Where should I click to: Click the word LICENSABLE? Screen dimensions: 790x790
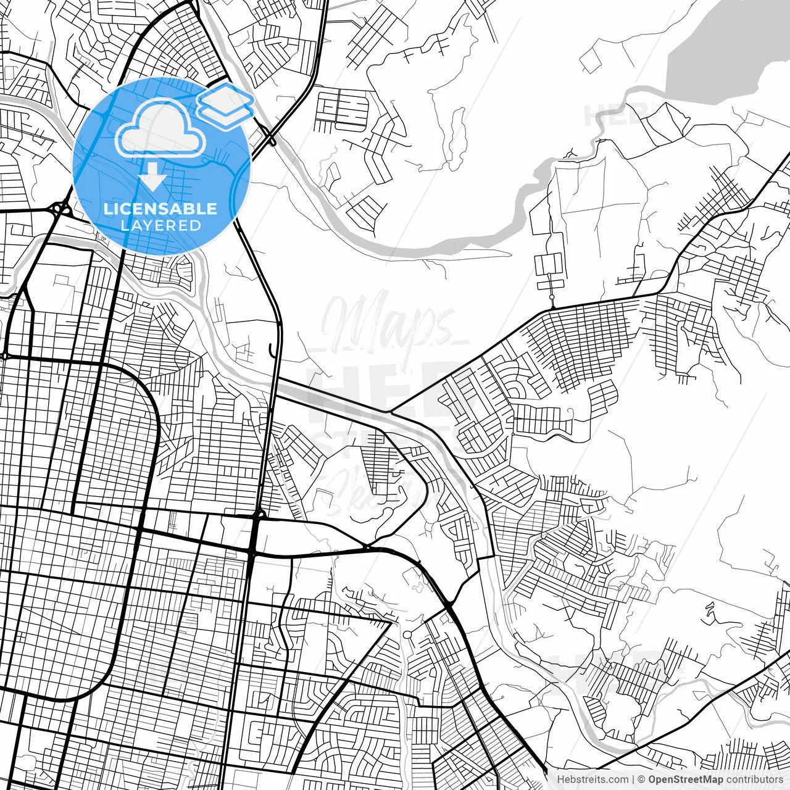coord(160,209)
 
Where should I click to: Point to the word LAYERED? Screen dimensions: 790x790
coord(160,225)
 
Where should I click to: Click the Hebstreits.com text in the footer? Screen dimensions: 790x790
coord(592,780)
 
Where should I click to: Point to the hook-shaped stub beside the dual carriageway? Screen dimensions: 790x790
coord(272,351)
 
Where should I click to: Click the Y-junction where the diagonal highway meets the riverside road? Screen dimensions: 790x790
coord(389,412)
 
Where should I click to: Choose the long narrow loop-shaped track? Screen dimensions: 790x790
coord(457,133)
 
